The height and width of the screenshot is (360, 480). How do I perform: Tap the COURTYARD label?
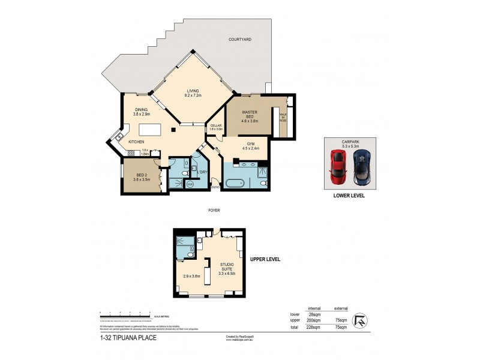[240, 40]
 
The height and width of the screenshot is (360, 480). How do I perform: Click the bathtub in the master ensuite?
[237, 183]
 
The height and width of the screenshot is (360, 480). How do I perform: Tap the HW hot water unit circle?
[190, 184]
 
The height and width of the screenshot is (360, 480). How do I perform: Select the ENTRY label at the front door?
[215, 187]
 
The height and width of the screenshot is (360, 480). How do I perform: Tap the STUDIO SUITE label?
[226, 268]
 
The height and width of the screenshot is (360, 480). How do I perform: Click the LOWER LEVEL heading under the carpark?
[349, 196]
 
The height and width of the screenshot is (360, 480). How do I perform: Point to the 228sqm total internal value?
[314, 328]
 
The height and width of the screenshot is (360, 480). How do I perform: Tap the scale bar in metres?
[125, 314]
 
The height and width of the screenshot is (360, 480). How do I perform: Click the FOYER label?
[214, 211]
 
